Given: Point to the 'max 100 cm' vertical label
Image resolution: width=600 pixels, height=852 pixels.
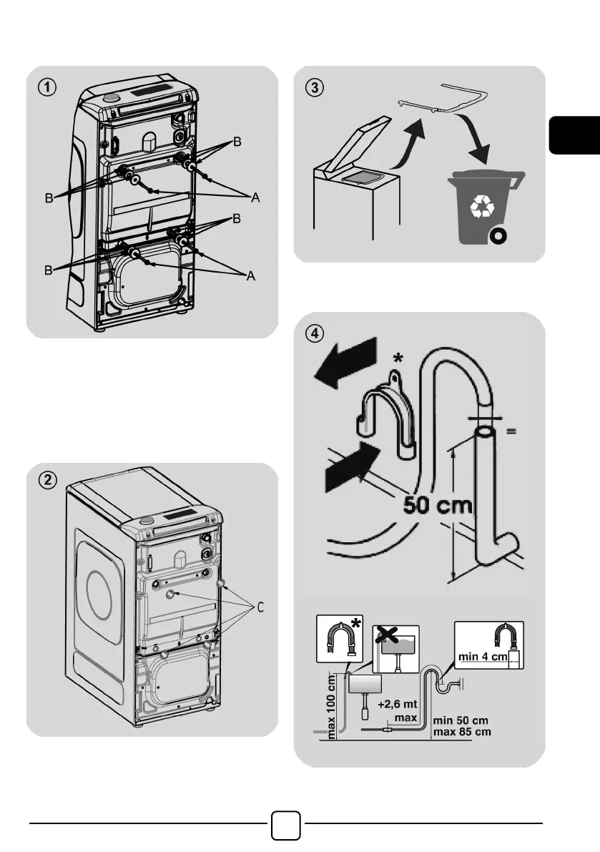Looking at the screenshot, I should click(332, 705).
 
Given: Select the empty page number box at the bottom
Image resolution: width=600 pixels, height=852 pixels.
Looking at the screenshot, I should click(286, 825).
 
